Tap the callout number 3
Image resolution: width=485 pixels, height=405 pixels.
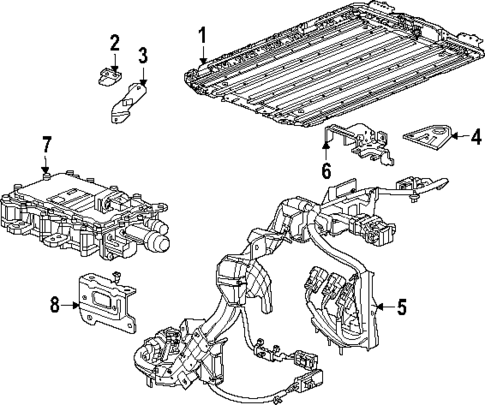click(x=143, y=53)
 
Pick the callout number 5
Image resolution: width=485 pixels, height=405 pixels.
click(x=400, y=307)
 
